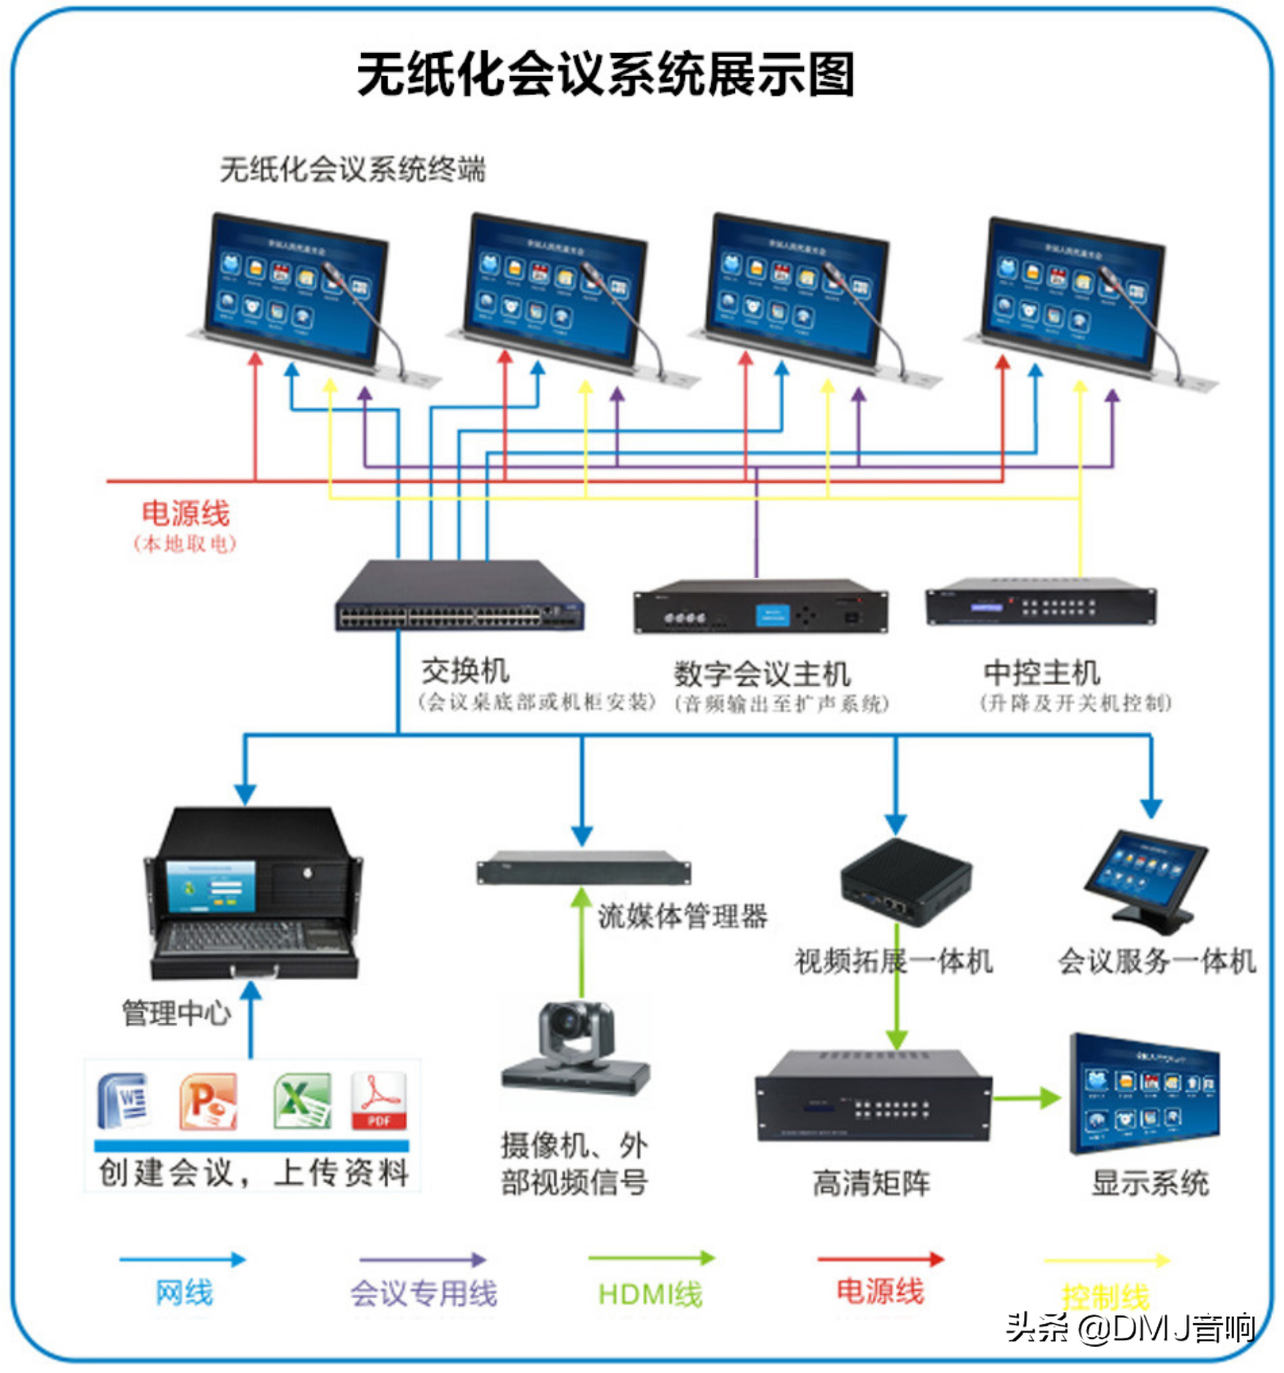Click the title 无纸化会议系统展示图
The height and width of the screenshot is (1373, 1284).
click(x=606, y=75)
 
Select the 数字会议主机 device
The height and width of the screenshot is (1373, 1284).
click(x=760, y=607)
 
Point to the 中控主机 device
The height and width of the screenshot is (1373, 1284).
click(x=1040, y=602)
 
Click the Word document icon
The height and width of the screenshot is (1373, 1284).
click(x=124, y=1101)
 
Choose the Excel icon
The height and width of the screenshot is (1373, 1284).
click(x=301, y=1101)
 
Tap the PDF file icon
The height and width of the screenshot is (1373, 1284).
click(x=378, y=1101)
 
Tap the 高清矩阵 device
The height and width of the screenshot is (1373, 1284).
click(x=874, y=1095)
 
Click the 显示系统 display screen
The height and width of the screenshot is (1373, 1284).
click(x=1145, y=1094)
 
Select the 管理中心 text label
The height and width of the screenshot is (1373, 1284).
click(x=177, y=1014)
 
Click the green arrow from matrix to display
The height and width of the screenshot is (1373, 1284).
click(x=1027, y=1098)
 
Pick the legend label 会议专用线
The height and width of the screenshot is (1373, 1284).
click(x=423, y=1294)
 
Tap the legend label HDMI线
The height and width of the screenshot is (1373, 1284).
click(x=650, y=1294)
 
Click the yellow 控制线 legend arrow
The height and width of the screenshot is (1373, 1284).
click(x=1107, y=1261)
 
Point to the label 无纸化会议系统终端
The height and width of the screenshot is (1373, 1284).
click(x=353, y=169)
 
